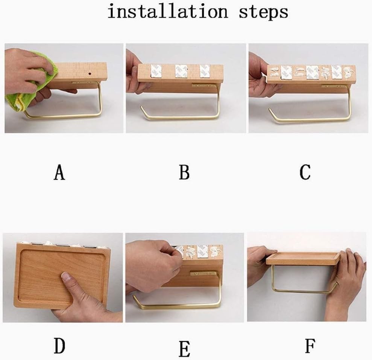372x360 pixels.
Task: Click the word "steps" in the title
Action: click(x=264, y=12)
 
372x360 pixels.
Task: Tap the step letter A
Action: click(x=59, y=172)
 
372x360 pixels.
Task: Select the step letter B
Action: click(x=184, y=172)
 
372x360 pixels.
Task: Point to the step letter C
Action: click(x=305, y=172)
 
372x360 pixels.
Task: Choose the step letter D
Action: click(x=59, y=346)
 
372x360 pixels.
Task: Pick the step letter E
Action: click(x=184, y=349)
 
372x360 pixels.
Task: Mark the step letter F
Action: click(x=310, y=346)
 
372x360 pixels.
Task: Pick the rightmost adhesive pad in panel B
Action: click(x=205, y=71)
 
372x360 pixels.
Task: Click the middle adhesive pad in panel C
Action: click(x=312, y=72)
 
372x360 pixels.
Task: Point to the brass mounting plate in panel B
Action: click(x=202, y=85)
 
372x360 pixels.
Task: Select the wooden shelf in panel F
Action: click(x=303, y=259)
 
